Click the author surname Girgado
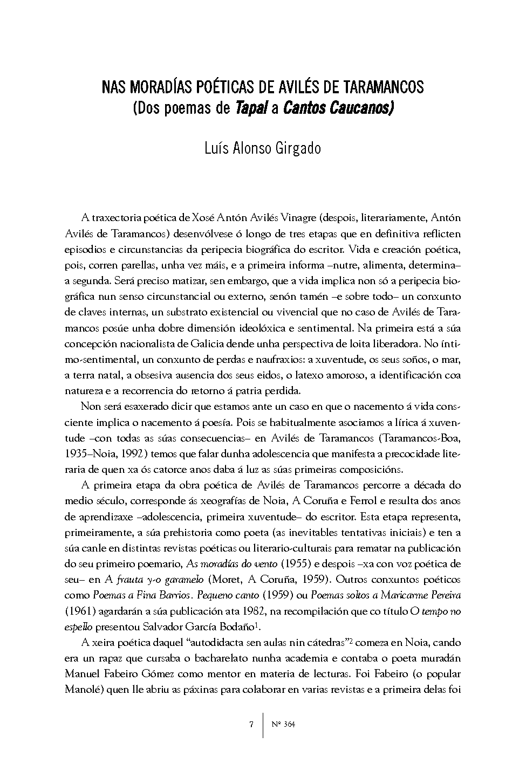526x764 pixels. coord(296,148)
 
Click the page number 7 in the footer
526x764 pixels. coord(251,725)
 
